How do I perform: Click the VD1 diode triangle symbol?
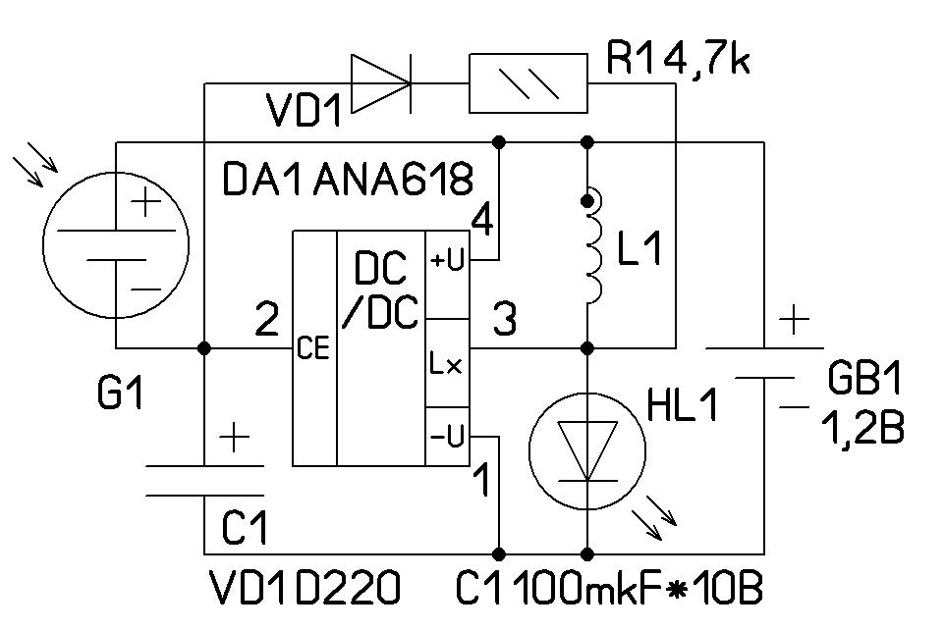pyautogui.click(x=380, y=83)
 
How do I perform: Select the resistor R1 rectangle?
pyautogui.click(x=528, y=84)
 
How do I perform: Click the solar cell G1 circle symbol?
pyautogui.click(x=115, y=244)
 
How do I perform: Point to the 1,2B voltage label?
pyautogui.click(x=863, y=428)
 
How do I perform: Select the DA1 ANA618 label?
pyautogui.click(x=349, y=180)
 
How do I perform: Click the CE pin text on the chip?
pyautogui.click(x=313, y=348)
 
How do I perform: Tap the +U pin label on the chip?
pyautogui.click(x=447, y=260)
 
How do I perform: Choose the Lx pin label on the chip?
pyautogui.click(x=444, y=365)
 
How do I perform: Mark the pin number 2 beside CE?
pyautogui.click(x=265, y=318)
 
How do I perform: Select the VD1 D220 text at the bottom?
pyautogui.click(x=305, y=589)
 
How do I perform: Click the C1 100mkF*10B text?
pyautogui.click(x=609, y=589)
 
